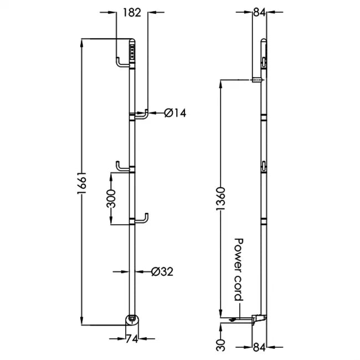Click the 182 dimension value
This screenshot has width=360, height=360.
click(x=132, y=12)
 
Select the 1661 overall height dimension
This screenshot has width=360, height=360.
click(x=82, y=181)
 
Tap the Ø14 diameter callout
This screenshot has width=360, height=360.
click(x=175, y=113)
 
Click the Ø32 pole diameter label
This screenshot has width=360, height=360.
click(x=162, y=271)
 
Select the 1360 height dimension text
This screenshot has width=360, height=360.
click(x=220, y=200)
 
